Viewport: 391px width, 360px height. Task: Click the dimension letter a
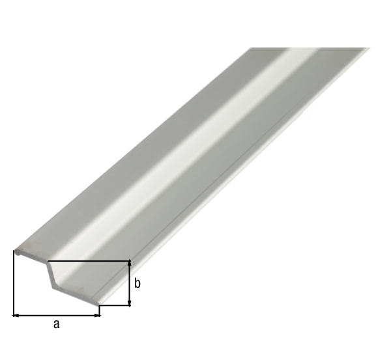point(56,324)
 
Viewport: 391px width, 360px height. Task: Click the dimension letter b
point(138,283)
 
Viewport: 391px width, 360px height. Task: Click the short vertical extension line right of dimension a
point(100,311)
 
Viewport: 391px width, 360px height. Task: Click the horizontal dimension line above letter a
point(57,315)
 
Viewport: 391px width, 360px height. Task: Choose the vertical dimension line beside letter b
point(130,283)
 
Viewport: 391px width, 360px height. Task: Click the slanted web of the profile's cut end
point(50,274)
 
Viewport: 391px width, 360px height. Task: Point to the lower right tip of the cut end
point(99,304)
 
